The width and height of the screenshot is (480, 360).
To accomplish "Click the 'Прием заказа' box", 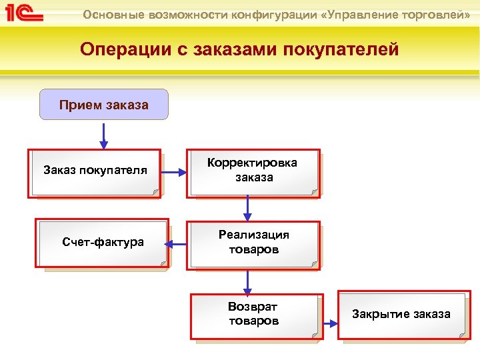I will point(104,105).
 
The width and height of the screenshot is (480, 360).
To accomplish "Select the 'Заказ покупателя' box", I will point(95,173).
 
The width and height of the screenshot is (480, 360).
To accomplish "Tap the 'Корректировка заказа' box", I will point(253,172).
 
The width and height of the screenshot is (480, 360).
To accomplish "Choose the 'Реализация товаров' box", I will point(253,244).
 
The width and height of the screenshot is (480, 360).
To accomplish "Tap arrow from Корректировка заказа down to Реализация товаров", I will point(248,209).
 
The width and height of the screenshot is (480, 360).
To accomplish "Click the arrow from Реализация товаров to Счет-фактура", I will point(176,245).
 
